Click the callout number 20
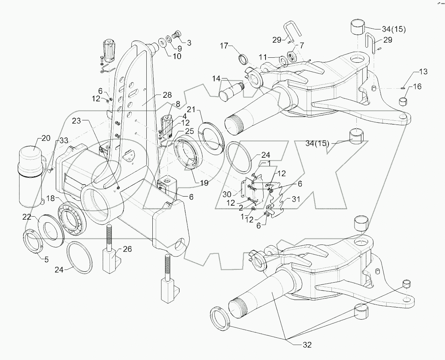coord(45,138)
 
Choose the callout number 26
coord(128,249)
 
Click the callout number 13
coord(423,72)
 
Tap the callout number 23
coord(77,121)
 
